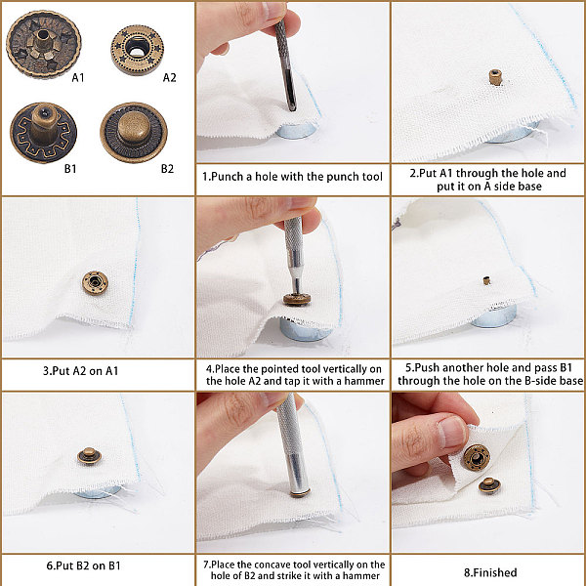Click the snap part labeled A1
43,44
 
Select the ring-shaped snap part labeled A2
137,50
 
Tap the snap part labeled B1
43,133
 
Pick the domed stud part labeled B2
134,132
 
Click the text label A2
169,78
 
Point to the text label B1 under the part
70,169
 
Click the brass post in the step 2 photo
495,77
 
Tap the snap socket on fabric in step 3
95,282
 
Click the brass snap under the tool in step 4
297,300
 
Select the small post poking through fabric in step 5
486,280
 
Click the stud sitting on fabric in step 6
89,455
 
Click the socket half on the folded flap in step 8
477,458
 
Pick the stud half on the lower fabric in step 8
489,485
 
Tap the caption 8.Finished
490,572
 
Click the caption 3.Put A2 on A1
80,371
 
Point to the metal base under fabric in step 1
295,131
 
